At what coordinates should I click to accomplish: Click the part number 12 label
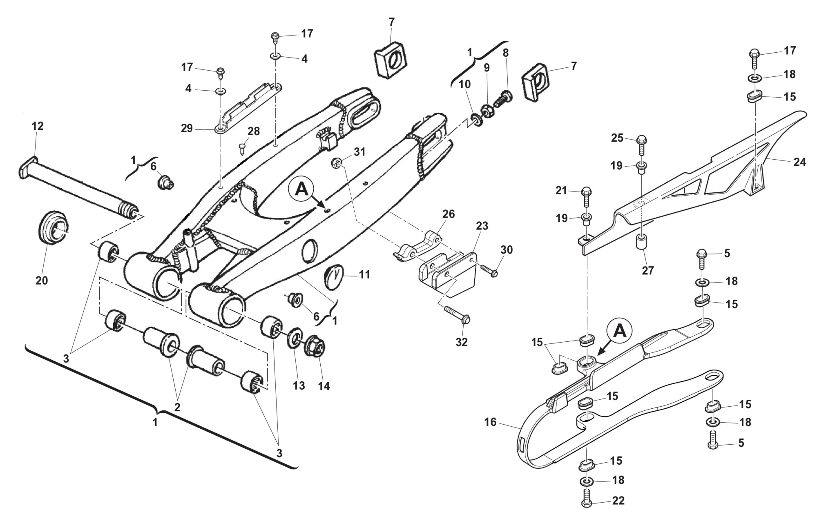(37, 126)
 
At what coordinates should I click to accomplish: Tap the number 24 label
(799, 162)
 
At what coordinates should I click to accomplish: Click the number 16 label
(490, 422)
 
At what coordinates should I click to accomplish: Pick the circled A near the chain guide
(620, 331)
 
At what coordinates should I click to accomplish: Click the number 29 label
(187, 128)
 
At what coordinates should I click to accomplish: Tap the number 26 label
(448, 214)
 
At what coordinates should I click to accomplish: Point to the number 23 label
(482, 226)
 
